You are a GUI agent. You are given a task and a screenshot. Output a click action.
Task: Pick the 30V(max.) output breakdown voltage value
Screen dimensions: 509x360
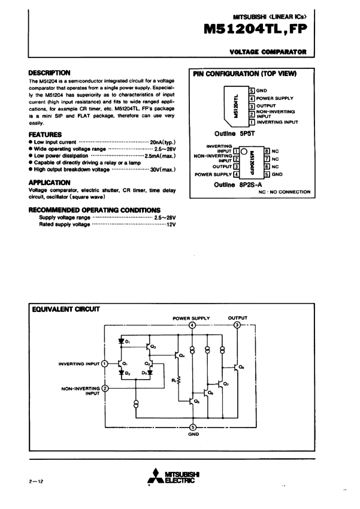[x=162, y=169]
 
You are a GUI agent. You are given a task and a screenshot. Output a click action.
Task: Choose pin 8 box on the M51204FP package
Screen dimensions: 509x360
[x=267, y=151]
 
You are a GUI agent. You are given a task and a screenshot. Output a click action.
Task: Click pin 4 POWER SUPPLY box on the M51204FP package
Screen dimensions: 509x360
[x=236, y=174]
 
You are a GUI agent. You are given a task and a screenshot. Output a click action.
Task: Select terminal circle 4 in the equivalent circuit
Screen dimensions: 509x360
[x=192, y=325]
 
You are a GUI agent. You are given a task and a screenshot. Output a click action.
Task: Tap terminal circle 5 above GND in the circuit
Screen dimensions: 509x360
[x=192, y=427]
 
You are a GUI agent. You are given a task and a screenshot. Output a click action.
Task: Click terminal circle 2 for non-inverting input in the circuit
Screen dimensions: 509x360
[x=105, y=389]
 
